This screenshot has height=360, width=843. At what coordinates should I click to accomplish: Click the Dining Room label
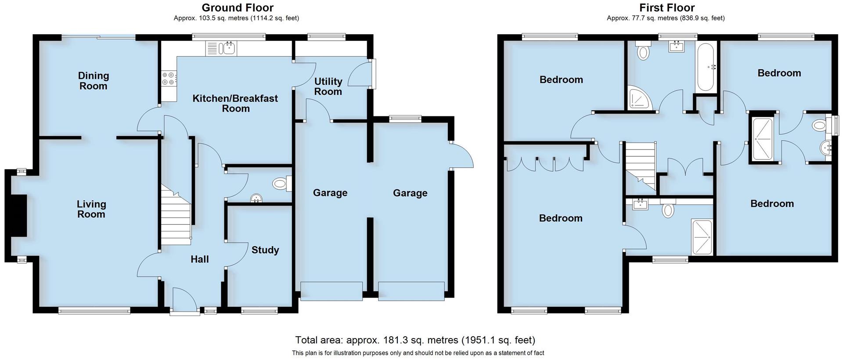pyautogui.click(x=93, y=81)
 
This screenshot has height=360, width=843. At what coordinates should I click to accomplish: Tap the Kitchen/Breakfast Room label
pyautogui.click(x=235, y=103)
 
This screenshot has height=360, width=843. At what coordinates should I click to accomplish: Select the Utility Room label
pyautogui.click(x=328, y=86)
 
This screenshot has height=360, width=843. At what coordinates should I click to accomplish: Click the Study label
pyautogui.click(x=265, y=250)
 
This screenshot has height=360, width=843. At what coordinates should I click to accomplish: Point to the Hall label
pyautogui.click(x=199, y=259)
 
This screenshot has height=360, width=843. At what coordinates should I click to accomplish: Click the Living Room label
pyautogui.click(x=91, y=209)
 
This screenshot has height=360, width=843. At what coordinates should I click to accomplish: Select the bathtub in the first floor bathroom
pyautogui.click(x=706, y=67)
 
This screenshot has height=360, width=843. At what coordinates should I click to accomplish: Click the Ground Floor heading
pyautogui.click(x=238, y=7)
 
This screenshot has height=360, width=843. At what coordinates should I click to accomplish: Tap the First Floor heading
pyautogui.click(x=666, y=7)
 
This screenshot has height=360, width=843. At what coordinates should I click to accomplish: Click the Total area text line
pyautogui.click(x=415, y=340)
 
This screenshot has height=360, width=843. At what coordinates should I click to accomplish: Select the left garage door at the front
pyautogui.click(x=331, y=291)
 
